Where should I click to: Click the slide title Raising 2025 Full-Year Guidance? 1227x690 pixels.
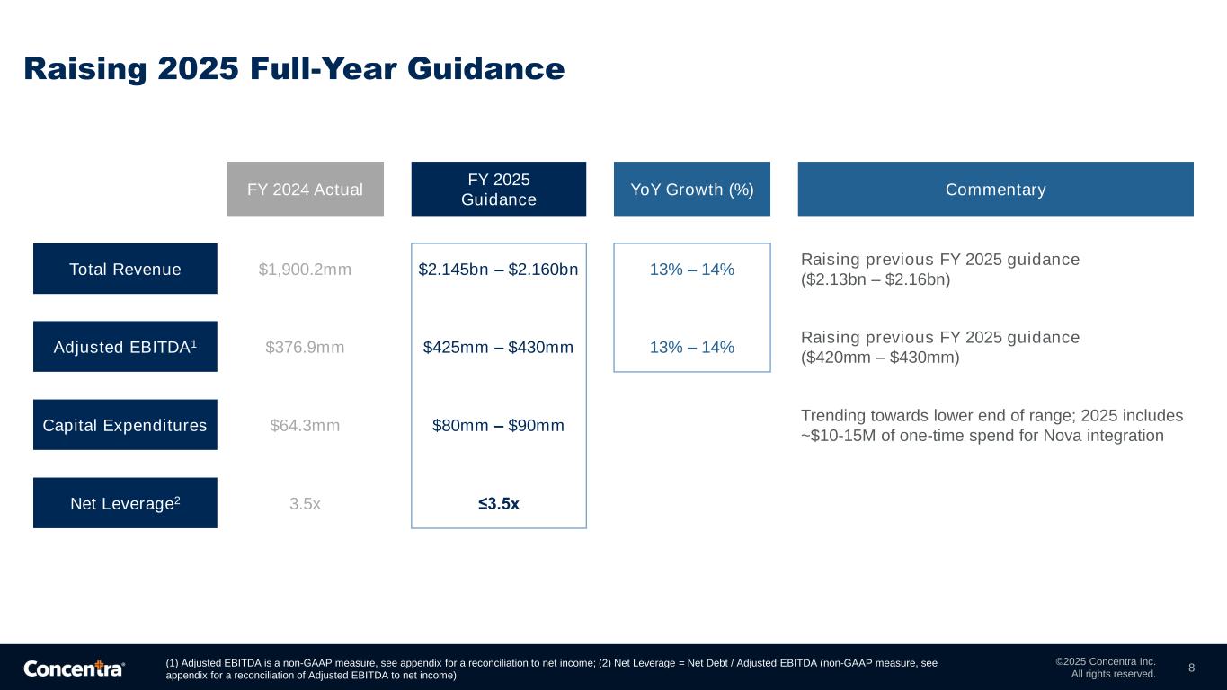click(x=294, y=68)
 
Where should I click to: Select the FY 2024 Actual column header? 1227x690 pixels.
click(x=305, y=189)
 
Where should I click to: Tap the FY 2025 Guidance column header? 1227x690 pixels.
click(x=498, y=189)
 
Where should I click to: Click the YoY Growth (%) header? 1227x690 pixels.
click(x=691, y=189)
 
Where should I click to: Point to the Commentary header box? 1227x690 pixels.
click(x=995, y=189)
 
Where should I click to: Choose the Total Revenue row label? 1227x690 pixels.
click(x=125, y=269)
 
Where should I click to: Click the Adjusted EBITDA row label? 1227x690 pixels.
click(x=125, y=346)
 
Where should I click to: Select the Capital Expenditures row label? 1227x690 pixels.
click(x=125, y=425)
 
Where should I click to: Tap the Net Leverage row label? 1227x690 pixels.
click(x=125, y=503)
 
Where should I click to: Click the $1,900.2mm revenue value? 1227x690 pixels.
click(x=305, y=270)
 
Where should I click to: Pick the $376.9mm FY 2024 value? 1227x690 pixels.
click(x=305, y=347)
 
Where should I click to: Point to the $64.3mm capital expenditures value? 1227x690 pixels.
click(x=305, y=425)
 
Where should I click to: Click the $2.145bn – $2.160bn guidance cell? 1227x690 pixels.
click(x=498, y=270)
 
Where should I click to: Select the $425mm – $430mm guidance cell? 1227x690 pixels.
click(x=498, y=347)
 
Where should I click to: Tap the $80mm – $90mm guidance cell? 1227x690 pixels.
click(x=498, y=425)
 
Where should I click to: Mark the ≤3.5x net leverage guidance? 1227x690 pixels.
click(x=498, y=503)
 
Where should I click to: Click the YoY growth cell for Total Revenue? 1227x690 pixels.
click(x=691, y=270)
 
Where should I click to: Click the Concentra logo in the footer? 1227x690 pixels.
click(x=74, y=668)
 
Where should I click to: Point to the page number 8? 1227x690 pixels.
click(x=1191, y=668)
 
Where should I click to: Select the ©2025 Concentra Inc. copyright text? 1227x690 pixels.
click(x=1106, y=661)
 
